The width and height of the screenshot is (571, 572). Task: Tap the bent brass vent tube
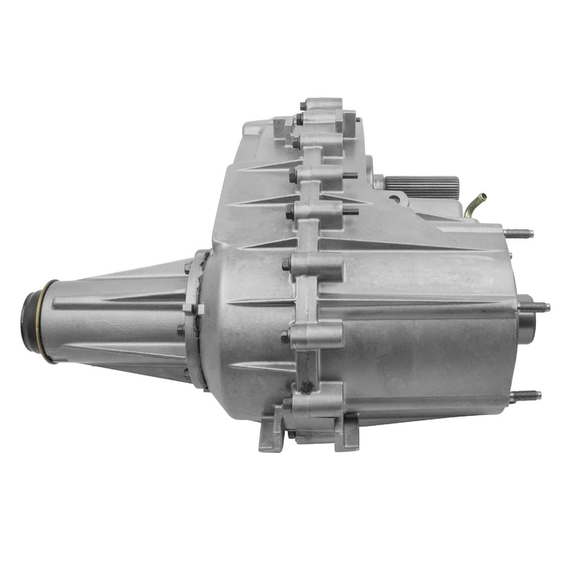tap(476, 204)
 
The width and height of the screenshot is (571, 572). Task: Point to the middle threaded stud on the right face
tap(534, 307)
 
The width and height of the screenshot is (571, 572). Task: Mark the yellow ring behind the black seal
tap(47, 321)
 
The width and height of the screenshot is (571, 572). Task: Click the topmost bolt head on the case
tap(303, 105)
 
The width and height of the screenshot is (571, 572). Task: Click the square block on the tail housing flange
tap(189, 308)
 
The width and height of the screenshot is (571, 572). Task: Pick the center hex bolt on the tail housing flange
tap(181, 330)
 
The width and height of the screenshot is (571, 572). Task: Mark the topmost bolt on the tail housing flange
tap(188, 267)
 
